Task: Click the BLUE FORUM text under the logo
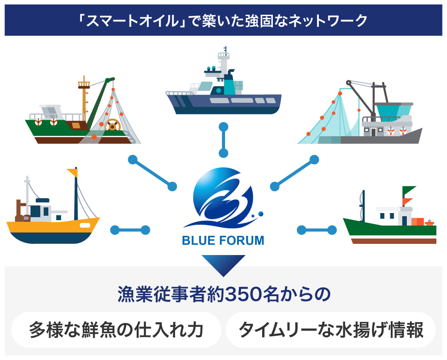point(223,241)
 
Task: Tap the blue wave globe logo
point(223,197)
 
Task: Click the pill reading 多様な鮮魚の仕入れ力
point(116,331)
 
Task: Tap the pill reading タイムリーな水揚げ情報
point(330,331)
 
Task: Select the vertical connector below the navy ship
point(223,140)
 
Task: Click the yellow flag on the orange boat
point(72,172)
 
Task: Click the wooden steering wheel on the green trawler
point(113,126)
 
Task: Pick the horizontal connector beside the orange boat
point(130,230)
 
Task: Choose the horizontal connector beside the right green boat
point(317,230)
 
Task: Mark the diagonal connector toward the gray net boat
point(294,172)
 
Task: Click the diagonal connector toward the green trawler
point(152,172)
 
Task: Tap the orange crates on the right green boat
point(418,222)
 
